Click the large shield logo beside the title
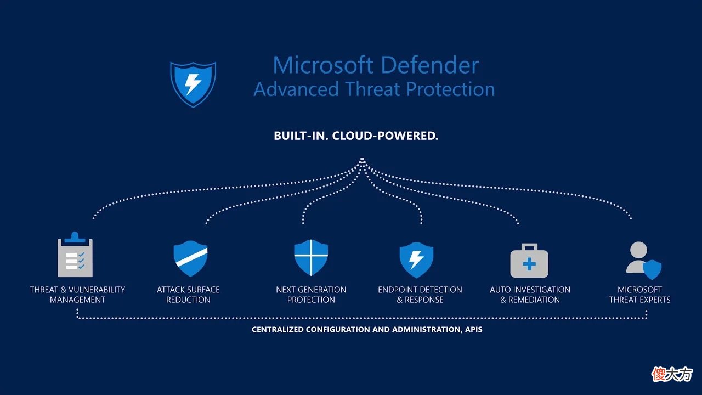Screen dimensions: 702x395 click(x=193, y=84)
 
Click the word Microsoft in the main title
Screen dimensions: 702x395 click(x=323, y=65)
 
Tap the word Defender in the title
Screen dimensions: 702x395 click(x=430, y=65)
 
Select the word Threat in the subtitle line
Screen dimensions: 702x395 click(x=372, y=89)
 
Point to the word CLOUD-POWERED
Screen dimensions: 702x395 click(x=385, y=136)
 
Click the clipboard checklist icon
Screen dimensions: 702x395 click(x=75, y=255)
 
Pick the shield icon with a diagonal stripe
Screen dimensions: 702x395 click(x=190, y=258)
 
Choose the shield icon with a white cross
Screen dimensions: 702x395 click(x=311, y=258)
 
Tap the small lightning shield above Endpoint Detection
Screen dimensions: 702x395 click(x=416, y=259)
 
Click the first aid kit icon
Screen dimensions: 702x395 click(x=529, y=261)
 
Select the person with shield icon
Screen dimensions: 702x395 click(x=644, y=260)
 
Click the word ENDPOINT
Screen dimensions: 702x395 click(x=395, y=290)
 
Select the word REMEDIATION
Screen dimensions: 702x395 click(x=534, y=300)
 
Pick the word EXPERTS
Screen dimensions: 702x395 click(x=655, y=300)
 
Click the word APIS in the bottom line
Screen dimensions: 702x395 click(x=473, y=330)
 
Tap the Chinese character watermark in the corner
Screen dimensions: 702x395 click(x=672, y=374)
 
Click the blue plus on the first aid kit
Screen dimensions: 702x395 click(x=529, y=264)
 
